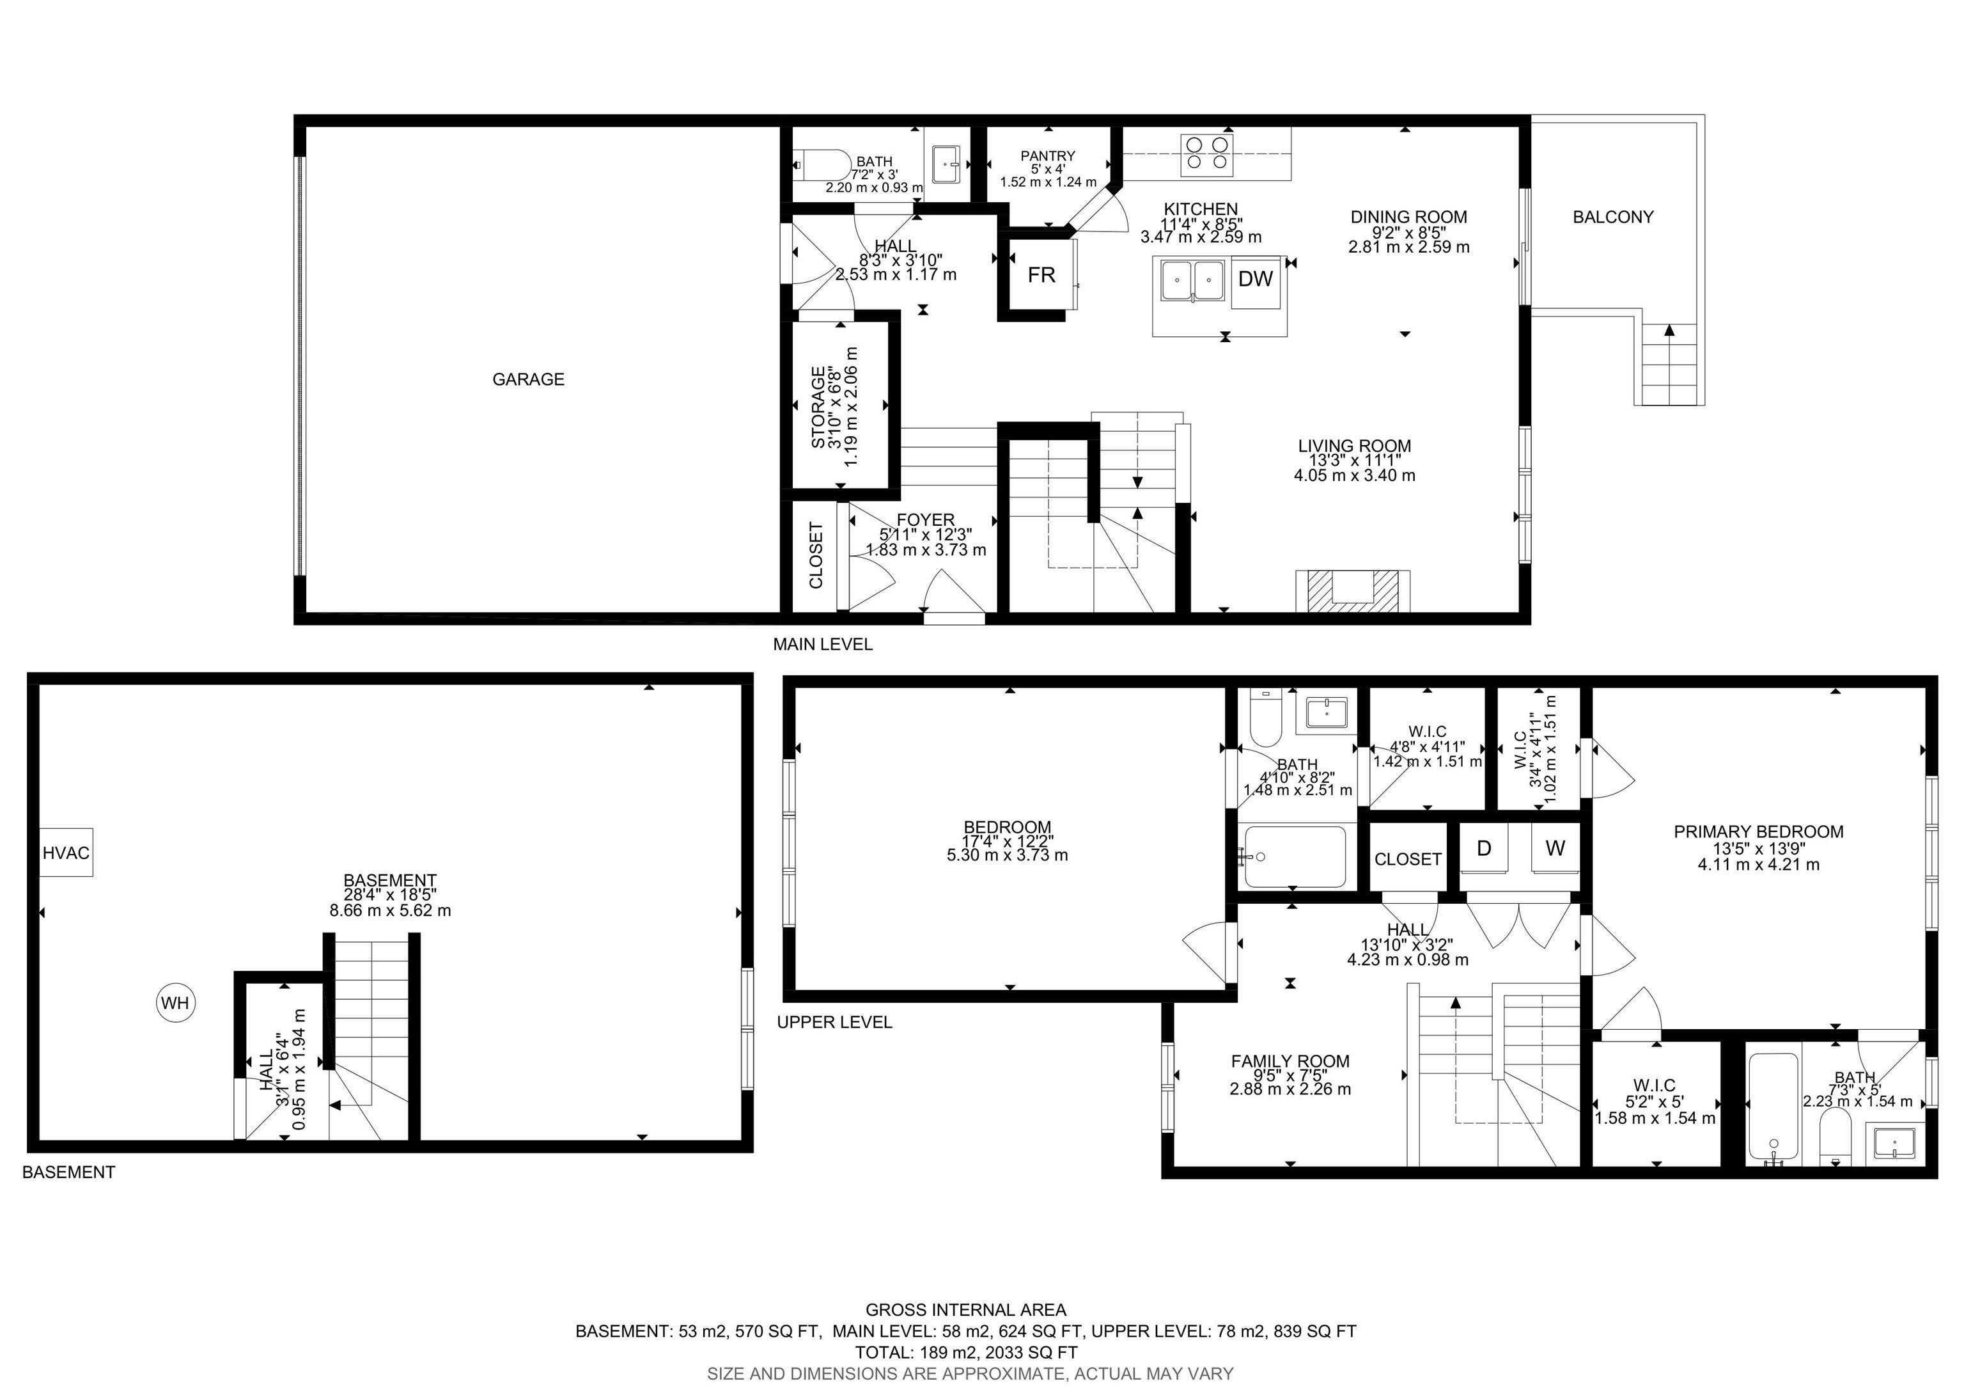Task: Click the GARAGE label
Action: tap(528, 379)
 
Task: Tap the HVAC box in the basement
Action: tap(66, 853)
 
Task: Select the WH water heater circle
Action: tap(175, 1003)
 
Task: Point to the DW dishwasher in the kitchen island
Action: tap(1256, 278)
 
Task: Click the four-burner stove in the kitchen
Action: tap(1207, 155)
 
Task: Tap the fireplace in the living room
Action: tap(1352, 591)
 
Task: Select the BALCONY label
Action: tap(1612, 217)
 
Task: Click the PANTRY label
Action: tap(1047, 155)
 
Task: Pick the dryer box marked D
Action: tap(1484, 848)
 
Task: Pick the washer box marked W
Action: tap(1555, 848)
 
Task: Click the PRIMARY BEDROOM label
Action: tap(1758, 832)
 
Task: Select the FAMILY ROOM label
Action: tap(1290, 1062)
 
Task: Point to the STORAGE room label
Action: tap(818, 407)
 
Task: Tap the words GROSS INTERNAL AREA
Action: tap(966, 1309)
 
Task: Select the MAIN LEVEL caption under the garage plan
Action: tap(822, 644)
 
